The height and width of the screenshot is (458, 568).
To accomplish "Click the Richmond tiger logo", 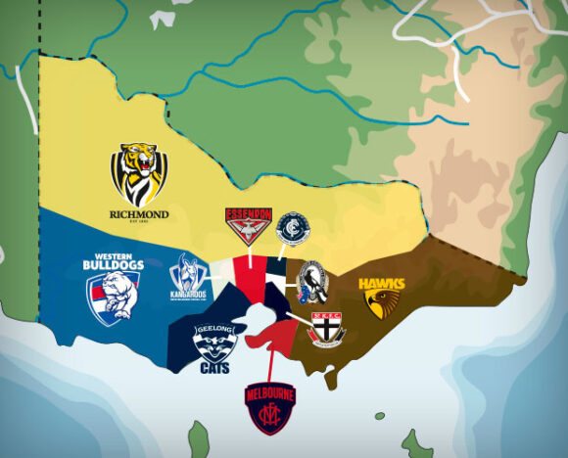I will point(138,174).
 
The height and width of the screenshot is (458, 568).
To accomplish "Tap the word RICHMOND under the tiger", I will point(139,214).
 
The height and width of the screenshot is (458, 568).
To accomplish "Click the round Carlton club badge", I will point(292,229).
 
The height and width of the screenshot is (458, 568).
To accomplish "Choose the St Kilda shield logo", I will point(326,328).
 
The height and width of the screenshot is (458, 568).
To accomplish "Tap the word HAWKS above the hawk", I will point(381,284).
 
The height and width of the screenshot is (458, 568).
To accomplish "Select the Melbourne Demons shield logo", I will point(269,407).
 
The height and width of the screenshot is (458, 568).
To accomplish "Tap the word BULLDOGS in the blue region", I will point(114,265).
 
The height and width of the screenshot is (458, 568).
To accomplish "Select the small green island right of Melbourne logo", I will point(379,416).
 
